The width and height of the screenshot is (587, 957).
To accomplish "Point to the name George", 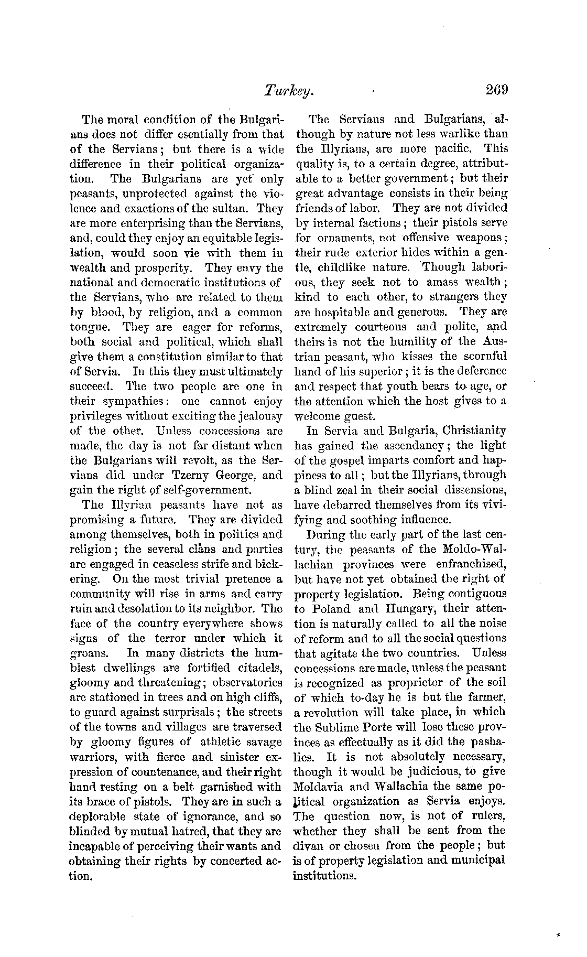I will [228, 476].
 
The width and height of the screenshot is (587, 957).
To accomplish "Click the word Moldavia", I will [319, 787].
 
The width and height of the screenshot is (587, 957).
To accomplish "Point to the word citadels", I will [259, 669].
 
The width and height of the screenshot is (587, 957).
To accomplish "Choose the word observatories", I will [247, 683].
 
